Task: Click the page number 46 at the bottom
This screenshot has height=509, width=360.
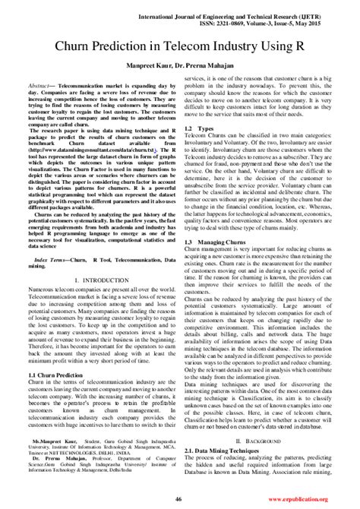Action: point(178,498)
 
